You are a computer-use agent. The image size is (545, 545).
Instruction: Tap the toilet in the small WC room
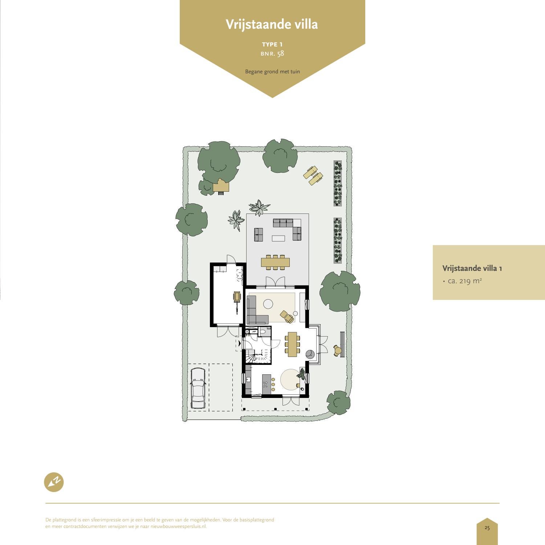pos(263,331)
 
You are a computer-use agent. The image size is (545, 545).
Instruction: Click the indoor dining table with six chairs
pos(292,344)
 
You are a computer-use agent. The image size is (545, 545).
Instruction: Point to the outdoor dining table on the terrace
pos(275,262)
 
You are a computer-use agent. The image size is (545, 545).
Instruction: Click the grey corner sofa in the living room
pos(254,312)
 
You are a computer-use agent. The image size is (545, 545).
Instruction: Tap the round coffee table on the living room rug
pos(268,304)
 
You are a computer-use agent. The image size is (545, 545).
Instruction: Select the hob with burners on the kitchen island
pos(267,384)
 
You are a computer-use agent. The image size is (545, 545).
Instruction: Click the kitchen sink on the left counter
pos(248,379)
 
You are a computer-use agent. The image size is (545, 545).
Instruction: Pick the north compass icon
pos(54,482)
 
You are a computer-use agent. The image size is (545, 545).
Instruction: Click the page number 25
pos(487,528)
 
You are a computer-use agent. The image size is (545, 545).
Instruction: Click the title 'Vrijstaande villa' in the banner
pos(272,24)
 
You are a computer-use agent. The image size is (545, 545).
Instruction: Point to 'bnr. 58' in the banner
pos(272,53)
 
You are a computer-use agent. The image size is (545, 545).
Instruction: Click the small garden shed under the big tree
pos(221,186)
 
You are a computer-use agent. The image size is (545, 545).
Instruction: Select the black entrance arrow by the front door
pos(240,343)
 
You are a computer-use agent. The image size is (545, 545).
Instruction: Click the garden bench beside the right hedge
pos(342,339)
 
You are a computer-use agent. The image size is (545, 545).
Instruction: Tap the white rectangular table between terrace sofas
pos(278,238)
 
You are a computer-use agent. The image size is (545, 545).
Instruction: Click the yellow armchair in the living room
pos(287,316)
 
